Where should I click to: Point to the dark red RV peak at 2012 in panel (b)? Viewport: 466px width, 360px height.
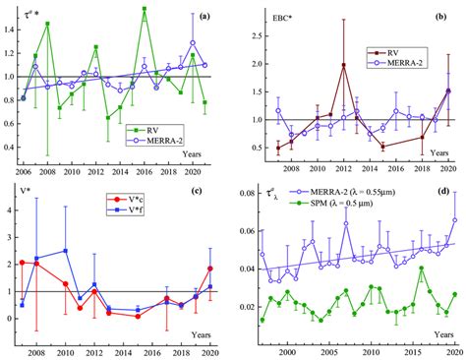[x=344, y=65]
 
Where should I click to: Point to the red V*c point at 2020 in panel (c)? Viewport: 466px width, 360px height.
[x=209, y=268]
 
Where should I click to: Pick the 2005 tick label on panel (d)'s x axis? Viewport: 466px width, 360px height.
[x=331, y=352]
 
